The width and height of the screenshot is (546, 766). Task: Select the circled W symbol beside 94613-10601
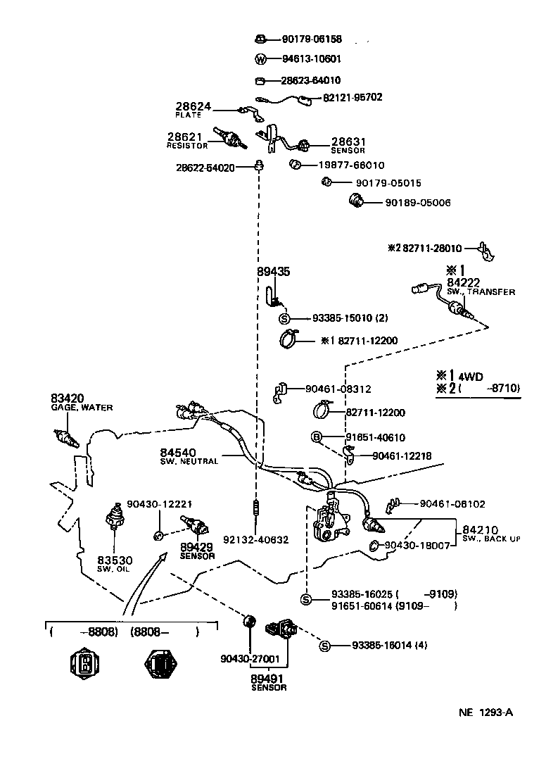tap(260, 59)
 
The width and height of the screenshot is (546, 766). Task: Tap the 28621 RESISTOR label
tap(186, 141)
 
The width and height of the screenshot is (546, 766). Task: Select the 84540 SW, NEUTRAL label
tap(189, 456)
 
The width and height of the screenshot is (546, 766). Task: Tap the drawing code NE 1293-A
tap(486, 712)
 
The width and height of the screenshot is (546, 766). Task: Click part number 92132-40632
tap(255, 541)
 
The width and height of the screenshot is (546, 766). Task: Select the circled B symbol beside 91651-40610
tap(317, 437)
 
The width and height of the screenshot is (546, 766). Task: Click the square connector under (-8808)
tap(84, 663)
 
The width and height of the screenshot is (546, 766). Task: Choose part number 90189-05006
tap(417, 203)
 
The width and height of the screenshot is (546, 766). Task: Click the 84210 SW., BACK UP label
tap(490, 534)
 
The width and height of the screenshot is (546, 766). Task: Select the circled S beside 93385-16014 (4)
tap(324, 646)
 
